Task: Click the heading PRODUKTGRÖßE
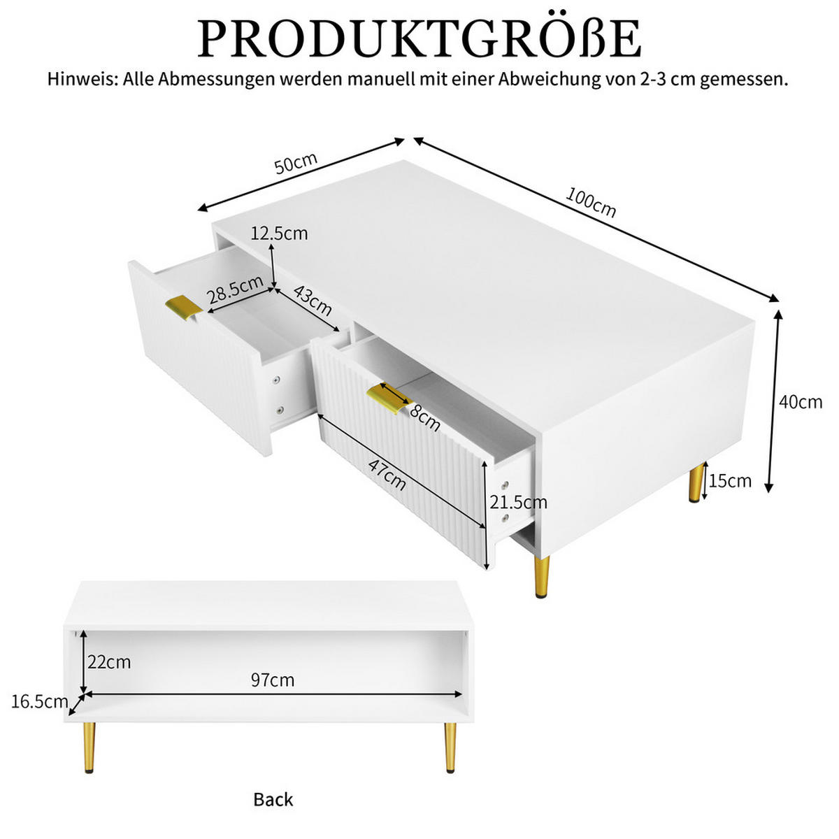pos(419,38)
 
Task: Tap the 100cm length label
pos(591,203)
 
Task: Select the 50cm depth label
pos(296,164)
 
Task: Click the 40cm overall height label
pos(801,402)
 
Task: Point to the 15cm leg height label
pos(730,481)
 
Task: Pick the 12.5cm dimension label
pos(279,234)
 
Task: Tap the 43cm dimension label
pos(313,301)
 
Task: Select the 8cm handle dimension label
pos(425,417)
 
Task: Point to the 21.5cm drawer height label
pos(518,502)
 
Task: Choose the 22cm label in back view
pos(109,661)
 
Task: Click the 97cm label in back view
pos(273,680)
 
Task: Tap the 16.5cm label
pos(40,701)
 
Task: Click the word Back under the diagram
pos(273,799)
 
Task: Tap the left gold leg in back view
pos(89,747)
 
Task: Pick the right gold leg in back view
pos(450,747)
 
